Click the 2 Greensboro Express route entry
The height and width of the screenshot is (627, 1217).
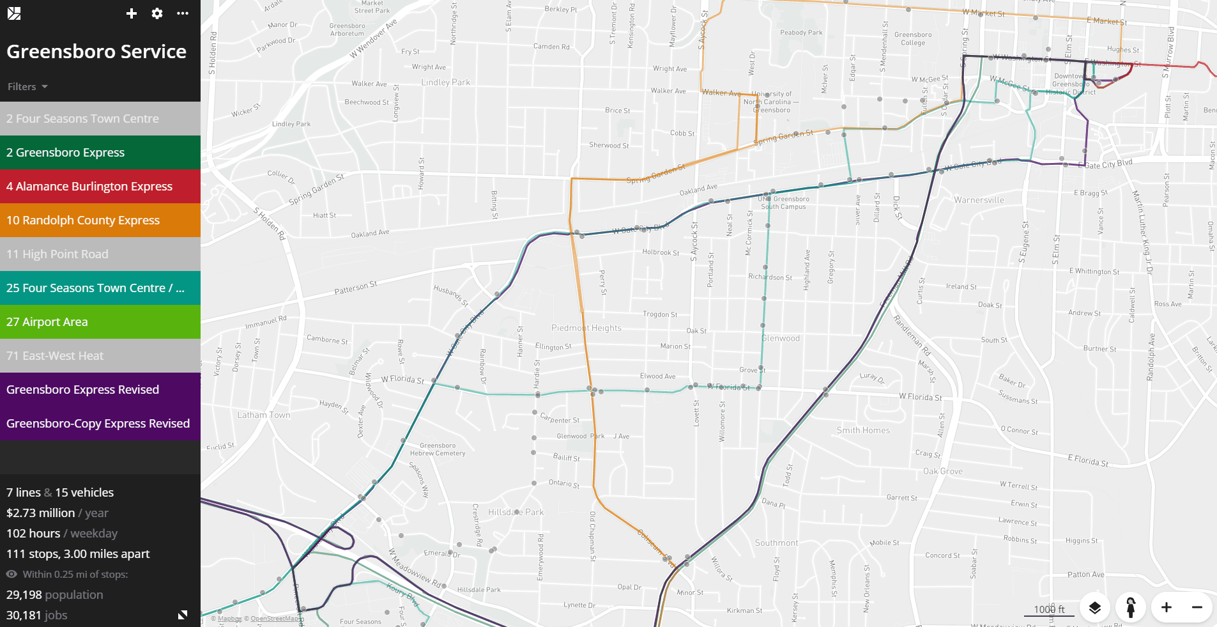pyautogui.click(x=100, y=153)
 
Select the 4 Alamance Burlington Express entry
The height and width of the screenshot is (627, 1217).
pyautogui.click(x=100, y=187)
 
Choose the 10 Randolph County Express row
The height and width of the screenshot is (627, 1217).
pyautogui.click(x=100, y=221)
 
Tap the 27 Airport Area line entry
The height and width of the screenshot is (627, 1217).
pyautogui.click(x=100, y=322)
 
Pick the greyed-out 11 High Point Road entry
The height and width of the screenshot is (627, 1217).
pyautogui.click(x=100, y=254)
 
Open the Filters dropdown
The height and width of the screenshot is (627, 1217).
pyautogui.click(x=27, y=87)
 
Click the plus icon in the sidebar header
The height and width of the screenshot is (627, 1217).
pyautogui.click(x=132, y=13)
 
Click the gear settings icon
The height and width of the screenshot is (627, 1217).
pyautogui.click(x=157, y=13)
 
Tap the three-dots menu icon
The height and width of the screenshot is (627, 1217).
pyautogui.click(x=183, y=13)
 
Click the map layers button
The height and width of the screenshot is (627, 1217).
pyautogui.click(x=1095, y=607)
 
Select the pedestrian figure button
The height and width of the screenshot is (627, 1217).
pyautogui.click(x=1131, y=607)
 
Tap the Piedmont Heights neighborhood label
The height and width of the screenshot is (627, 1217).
pyautogui.click(x=586, y=328)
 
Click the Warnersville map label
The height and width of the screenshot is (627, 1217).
pyautogui.click(x=979, y=200)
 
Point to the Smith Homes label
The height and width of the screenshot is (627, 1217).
pyautogui.click(x=863, y=430)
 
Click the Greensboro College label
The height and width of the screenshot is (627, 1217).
pyautogui.click(x=913, y=39)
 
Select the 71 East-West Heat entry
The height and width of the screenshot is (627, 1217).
pyautogui.click(x=100, y=356)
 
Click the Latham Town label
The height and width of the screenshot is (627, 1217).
pyautogui.click(x=263, y=415)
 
